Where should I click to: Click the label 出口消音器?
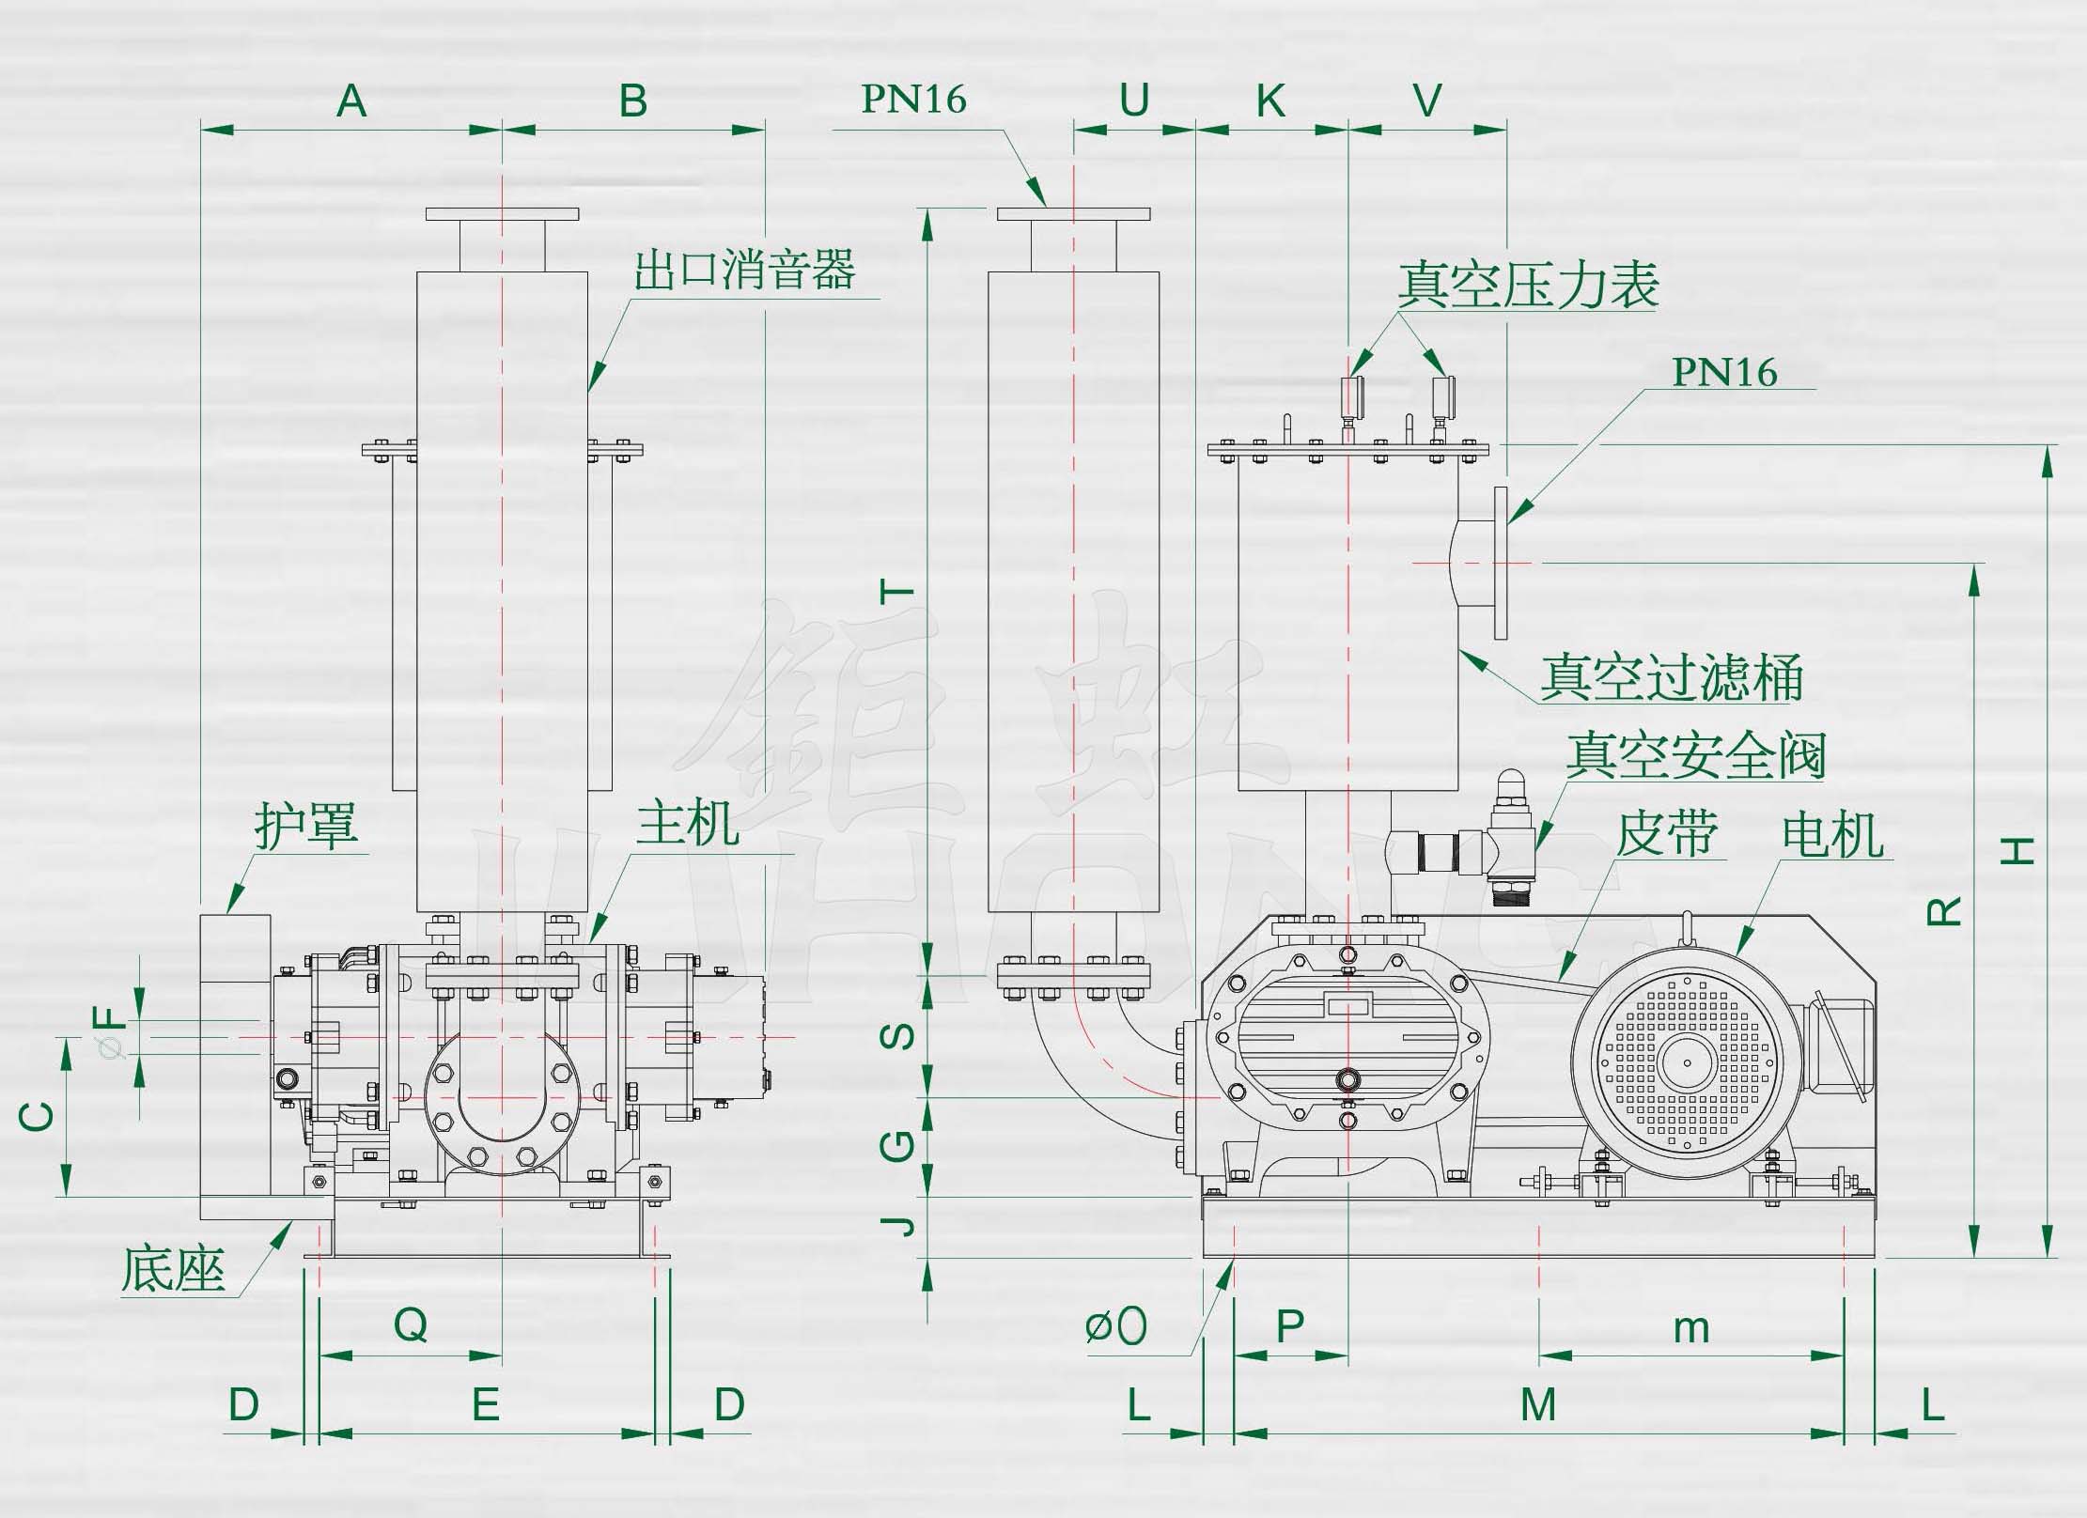point(744,271)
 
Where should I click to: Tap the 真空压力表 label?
point(1528,287)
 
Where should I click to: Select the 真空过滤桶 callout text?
point(1671,678)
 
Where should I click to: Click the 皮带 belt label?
point(1667,834)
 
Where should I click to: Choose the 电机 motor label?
point(1832,836)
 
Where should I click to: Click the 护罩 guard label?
point(306,827)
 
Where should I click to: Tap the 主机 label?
point(687,825)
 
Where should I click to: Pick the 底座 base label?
point(174,1270)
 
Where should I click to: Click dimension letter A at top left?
point(351,101)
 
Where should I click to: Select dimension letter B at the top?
point(633,101)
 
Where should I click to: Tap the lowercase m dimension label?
point(1691,1328)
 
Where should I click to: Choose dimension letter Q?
point(411,1325)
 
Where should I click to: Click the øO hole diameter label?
point(1115,1326)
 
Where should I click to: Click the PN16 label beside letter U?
point(913,100)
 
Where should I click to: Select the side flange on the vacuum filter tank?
point(1500,563)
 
